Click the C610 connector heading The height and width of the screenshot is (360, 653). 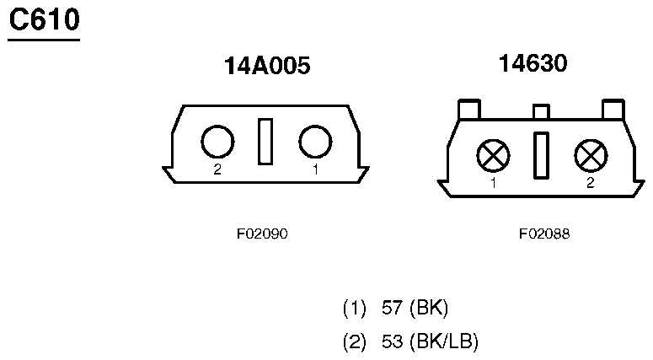pos(44,20)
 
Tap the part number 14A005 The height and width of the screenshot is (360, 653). pos(267,66)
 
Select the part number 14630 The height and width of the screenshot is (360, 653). pos(533,63)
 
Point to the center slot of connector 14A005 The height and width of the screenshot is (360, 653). pos(265,142)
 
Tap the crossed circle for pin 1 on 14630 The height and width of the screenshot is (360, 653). pos(493,156)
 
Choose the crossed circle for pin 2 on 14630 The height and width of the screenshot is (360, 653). pos(591,156)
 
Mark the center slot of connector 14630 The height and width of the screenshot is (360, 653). pos(541,156)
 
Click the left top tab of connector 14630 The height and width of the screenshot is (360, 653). pos(469,110)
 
